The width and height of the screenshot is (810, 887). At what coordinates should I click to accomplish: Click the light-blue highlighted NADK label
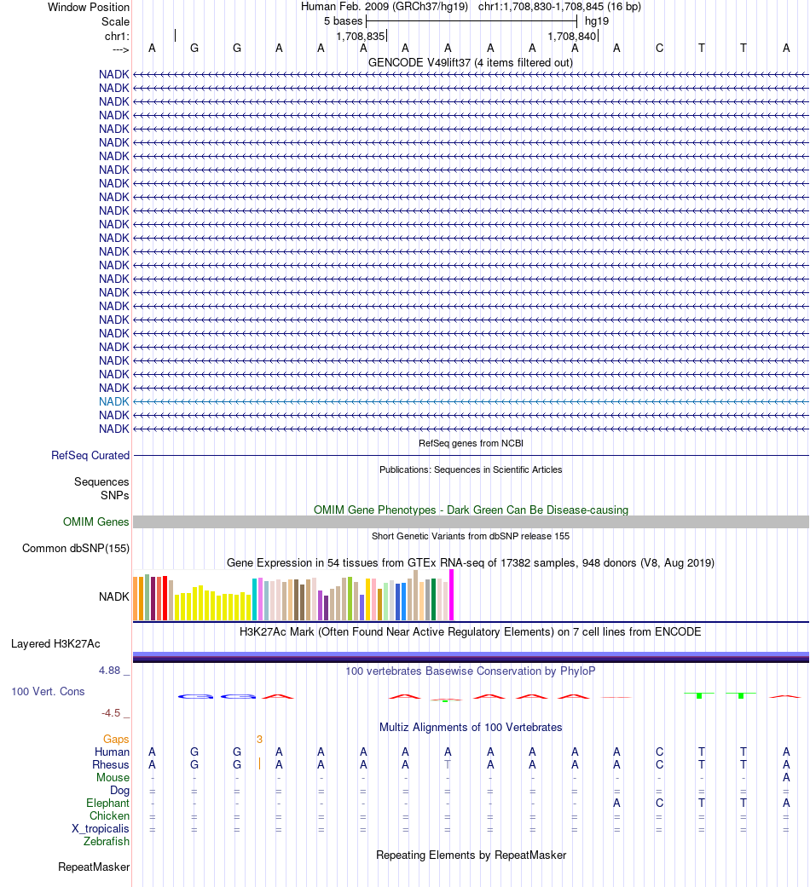pos(114,401)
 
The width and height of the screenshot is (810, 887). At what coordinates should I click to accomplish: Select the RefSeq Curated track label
pos(90,456)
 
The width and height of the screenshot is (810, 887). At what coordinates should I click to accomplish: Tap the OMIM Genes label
pos(96,522)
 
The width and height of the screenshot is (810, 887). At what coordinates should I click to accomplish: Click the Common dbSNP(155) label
pos(76,548)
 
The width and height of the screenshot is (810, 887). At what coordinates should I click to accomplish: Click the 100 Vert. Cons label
pos(48,691)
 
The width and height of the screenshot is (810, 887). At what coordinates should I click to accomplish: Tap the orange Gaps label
pos(116,739)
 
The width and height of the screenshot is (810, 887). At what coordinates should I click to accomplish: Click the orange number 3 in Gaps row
pos(259,739)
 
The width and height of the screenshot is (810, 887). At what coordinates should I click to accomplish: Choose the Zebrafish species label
pos(107,842)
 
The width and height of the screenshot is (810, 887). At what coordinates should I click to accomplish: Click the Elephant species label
pos(107,803)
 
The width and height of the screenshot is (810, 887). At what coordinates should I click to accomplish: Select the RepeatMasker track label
pos(94,867)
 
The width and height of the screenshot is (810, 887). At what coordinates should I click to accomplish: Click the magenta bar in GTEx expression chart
pos(452,595)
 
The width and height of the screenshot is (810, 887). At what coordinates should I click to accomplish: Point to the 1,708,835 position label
pos(361,37)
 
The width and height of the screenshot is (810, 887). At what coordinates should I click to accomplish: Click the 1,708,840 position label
pos(572,37)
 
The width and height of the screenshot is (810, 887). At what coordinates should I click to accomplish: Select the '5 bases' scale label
pos(344,20)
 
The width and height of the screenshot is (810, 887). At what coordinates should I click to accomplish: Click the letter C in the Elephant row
pos(659,803)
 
